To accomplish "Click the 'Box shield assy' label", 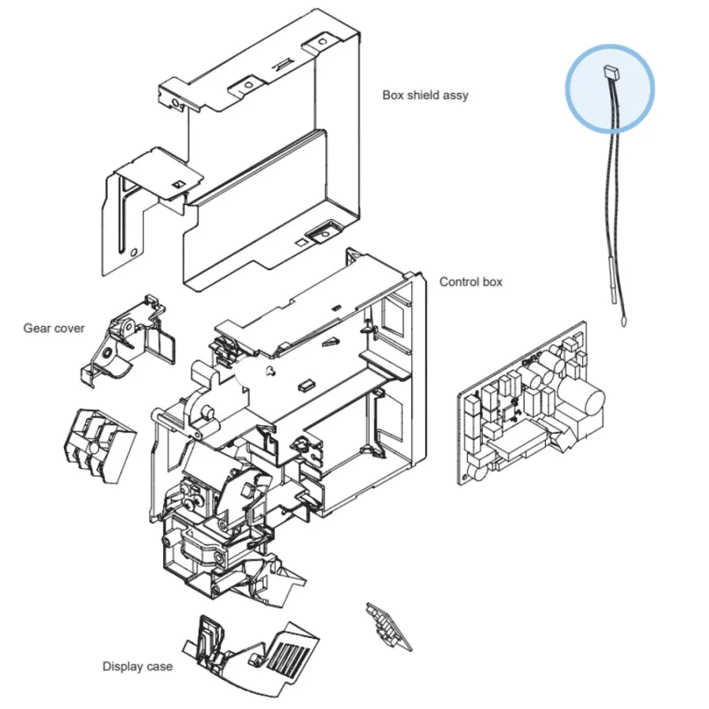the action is coord(425,95).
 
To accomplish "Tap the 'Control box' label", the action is coord(471,282).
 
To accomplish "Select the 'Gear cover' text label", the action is coord(54,329).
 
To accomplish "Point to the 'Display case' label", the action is coord(137,666).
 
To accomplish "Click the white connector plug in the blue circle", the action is coord(611,71).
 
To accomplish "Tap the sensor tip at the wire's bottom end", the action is coord(624,321).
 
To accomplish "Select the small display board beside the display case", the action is coord(389,627).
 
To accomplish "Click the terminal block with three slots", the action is coord(99,446).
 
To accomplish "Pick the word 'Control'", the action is coord(459,282).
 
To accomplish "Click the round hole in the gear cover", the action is coord(108,353).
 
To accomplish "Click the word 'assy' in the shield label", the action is coord(457,96).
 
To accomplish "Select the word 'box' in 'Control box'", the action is coord(492,282).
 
